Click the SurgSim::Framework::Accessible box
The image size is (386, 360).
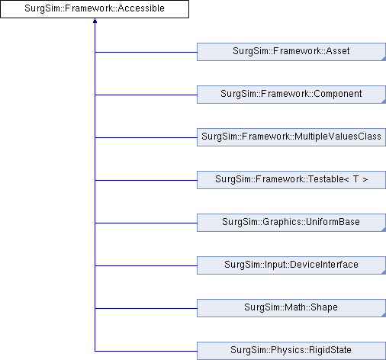coord(95,9)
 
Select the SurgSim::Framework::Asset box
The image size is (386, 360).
coord(291,52)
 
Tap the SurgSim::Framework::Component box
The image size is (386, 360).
coord(291,95)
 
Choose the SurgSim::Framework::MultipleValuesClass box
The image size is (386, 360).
coord(291,137)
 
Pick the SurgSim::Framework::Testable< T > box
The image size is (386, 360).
coord(291,180)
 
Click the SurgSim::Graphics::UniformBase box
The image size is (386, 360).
coord(291,223)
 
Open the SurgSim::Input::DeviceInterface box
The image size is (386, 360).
coord(291,265)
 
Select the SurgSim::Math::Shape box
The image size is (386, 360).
coord(291,308)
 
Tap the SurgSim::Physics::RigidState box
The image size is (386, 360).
coord(291,351)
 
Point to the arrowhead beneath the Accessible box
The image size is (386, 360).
coord(95,21)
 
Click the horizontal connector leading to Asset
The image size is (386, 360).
coord(146,52)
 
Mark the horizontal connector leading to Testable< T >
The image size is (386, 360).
coord(146,180)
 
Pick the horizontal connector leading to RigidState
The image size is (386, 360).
coord(146,351)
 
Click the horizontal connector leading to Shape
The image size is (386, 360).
coord(146,308)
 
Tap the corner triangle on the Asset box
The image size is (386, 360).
coord(384,59)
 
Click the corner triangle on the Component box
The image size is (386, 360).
coord(384,101)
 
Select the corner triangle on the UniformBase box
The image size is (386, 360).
coord(384,230)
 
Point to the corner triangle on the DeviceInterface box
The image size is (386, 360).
coord(384,272)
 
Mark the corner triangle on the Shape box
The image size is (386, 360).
coord(384,315)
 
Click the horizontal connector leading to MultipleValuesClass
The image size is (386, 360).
coord(146,137)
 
